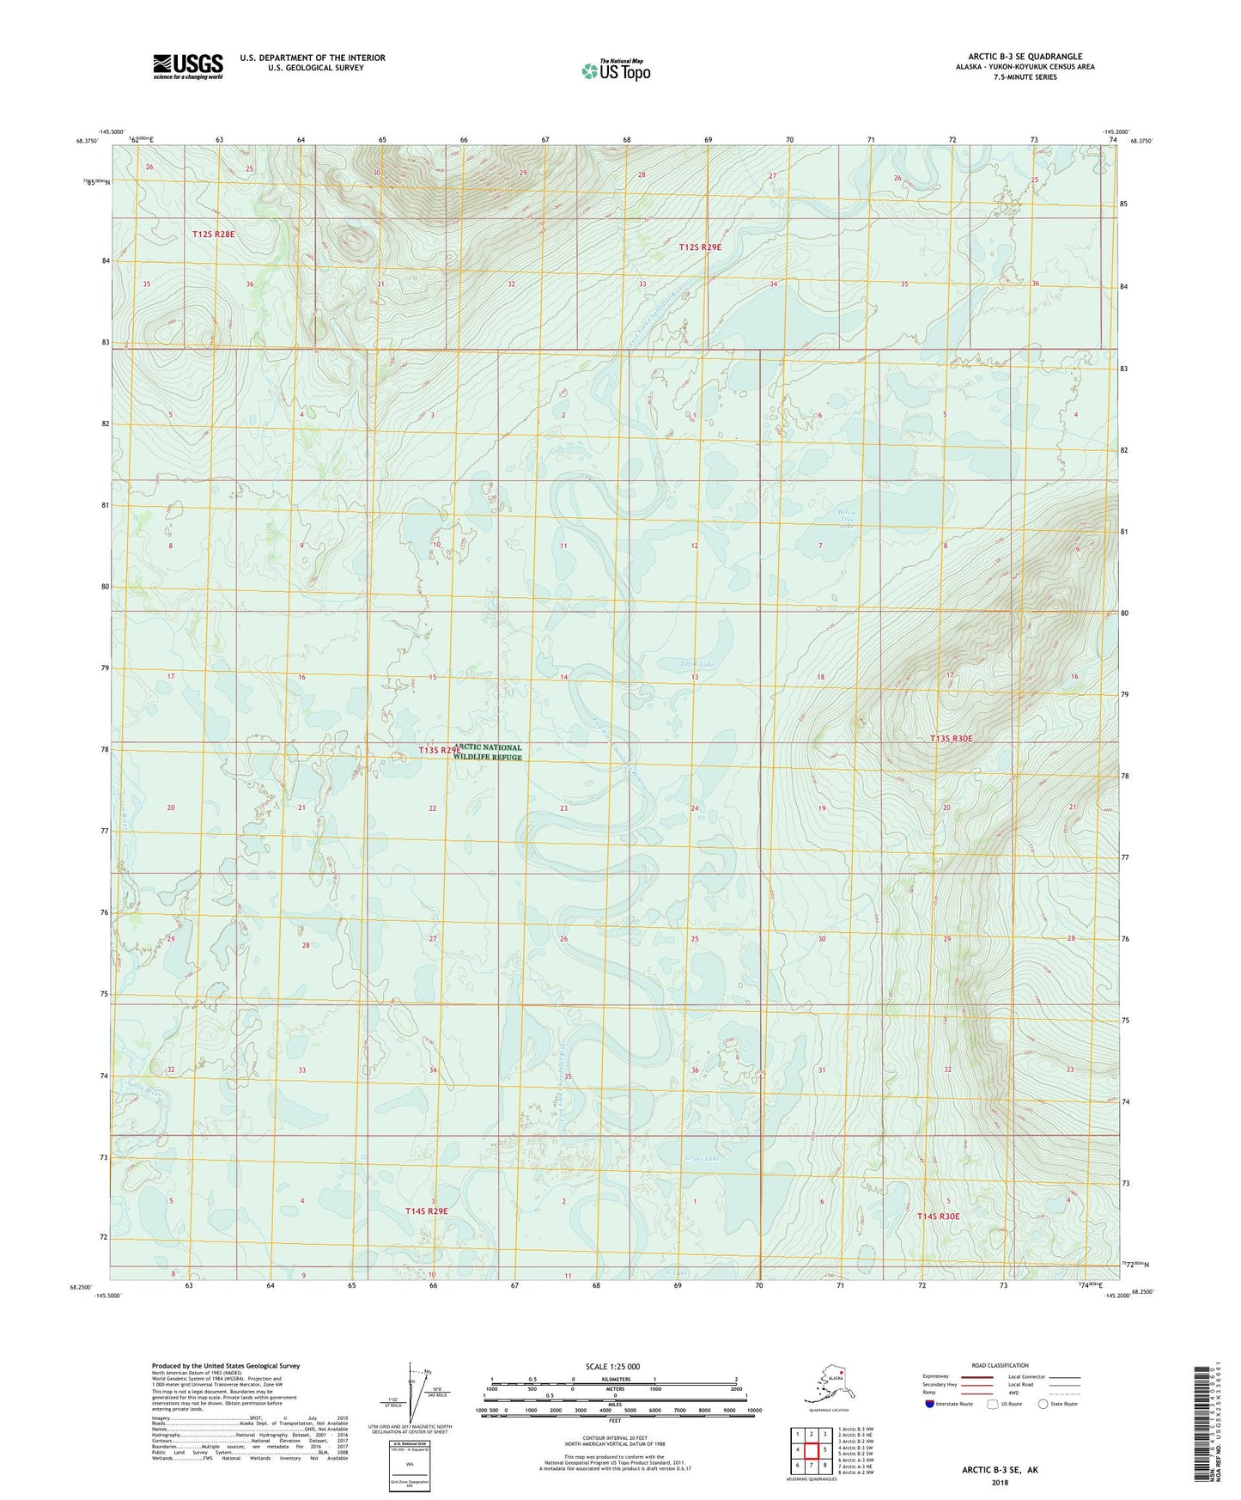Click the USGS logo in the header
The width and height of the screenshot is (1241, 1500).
(x=187, y=66)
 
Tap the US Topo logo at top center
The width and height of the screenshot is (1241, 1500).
(x=615, y=70)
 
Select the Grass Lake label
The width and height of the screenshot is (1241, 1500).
(x=703, y=1158)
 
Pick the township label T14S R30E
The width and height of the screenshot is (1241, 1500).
(x=938, y=1216)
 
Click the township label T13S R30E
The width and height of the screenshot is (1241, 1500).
(x=952, y=738)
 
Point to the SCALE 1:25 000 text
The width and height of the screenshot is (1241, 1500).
(x=612, y=1366)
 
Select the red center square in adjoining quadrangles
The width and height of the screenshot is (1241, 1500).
(x=812, y=1450)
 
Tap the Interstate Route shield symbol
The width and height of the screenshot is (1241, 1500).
(x=930, y=1404)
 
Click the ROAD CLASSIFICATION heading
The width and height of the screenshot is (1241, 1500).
(x=1000, y=1365)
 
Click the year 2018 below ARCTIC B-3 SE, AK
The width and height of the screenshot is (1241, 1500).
(x=1000, y=1482)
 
